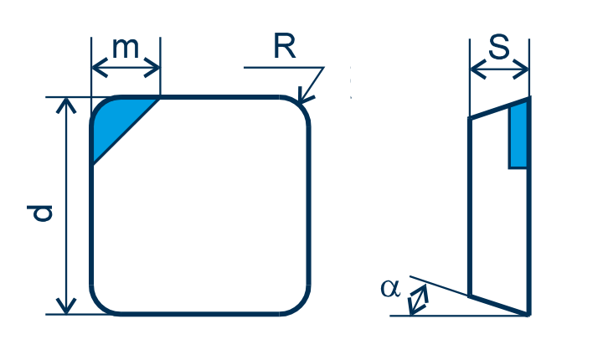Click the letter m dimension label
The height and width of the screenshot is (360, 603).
tap(126, 49)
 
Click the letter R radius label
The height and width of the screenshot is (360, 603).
tap(285, 46)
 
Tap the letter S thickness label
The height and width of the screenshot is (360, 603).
tap(499, 47)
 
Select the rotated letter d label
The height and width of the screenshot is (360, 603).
tap(39, 213)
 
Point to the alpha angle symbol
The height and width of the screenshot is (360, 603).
tap(390, 288)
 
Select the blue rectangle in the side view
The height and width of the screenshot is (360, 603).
tap(518, 137)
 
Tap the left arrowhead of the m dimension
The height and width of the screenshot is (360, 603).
tap(99, 68)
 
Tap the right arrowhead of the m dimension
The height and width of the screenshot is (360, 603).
tap(152, 68)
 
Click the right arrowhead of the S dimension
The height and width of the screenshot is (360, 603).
tap(521, 69)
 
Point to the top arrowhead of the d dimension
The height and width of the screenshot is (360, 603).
tap(66, 105)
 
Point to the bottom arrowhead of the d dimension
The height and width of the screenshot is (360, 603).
tap(66, 306)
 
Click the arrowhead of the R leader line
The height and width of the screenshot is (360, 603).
tap(305, 97)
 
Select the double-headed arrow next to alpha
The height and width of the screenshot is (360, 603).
tap(418, 300)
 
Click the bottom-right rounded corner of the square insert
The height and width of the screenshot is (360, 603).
tap(300, 306)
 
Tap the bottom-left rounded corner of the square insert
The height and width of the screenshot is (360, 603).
tap(99, 306)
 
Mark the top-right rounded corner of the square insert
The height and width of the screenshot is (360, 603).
tap(300, 105)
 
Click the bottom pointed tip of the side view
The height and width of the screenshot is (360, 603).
tap(528, 316)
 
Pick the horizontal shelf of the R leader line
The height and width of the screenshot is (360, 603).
tap(284, 68)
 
